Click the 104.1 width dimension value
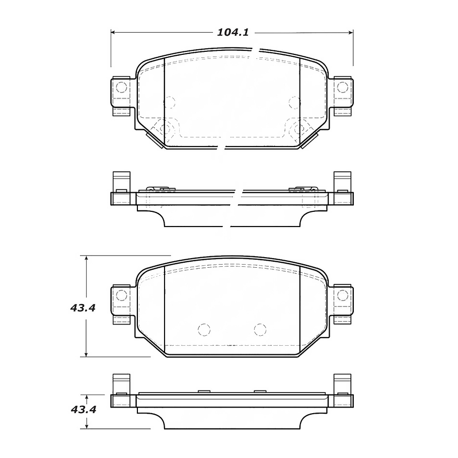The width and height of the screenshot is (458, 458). [x=233, y=33]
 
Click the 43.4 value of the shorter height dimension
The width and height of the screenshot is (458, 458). [x=83, y=409]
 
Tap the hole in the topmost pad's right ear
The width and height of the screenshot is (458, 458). [x=342, y=87]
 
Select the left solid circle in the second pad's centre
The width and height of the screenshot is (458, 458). [x=203, y=330]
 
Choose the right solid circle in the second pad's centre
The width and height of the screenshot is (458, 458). [x=260, y=330]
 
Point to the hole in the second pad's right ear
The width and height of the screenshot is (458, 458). [x=343, y=294]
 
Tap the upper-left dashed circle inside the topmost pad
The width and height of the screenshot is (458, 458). [x=169, y=102]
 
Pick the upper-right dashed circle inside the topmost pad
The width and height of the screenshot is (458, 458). [x=294, y=102]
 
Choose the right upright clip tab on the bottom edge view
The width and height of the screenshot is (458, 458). [x=342, y=385]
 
